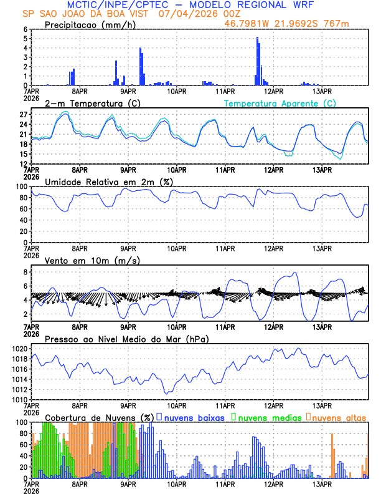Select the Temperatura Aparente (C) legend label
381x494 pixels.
pyautogui.click(x=280, y=103)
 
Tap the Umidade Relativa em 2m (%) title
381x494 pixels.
pyautogui.click(x=109, y=182)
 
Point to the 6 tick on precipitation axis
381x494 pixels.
pyautogui.click(x=25, y=29)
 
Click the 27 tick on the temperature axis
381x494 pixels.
pyautogui.click(x=23, y=115)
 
